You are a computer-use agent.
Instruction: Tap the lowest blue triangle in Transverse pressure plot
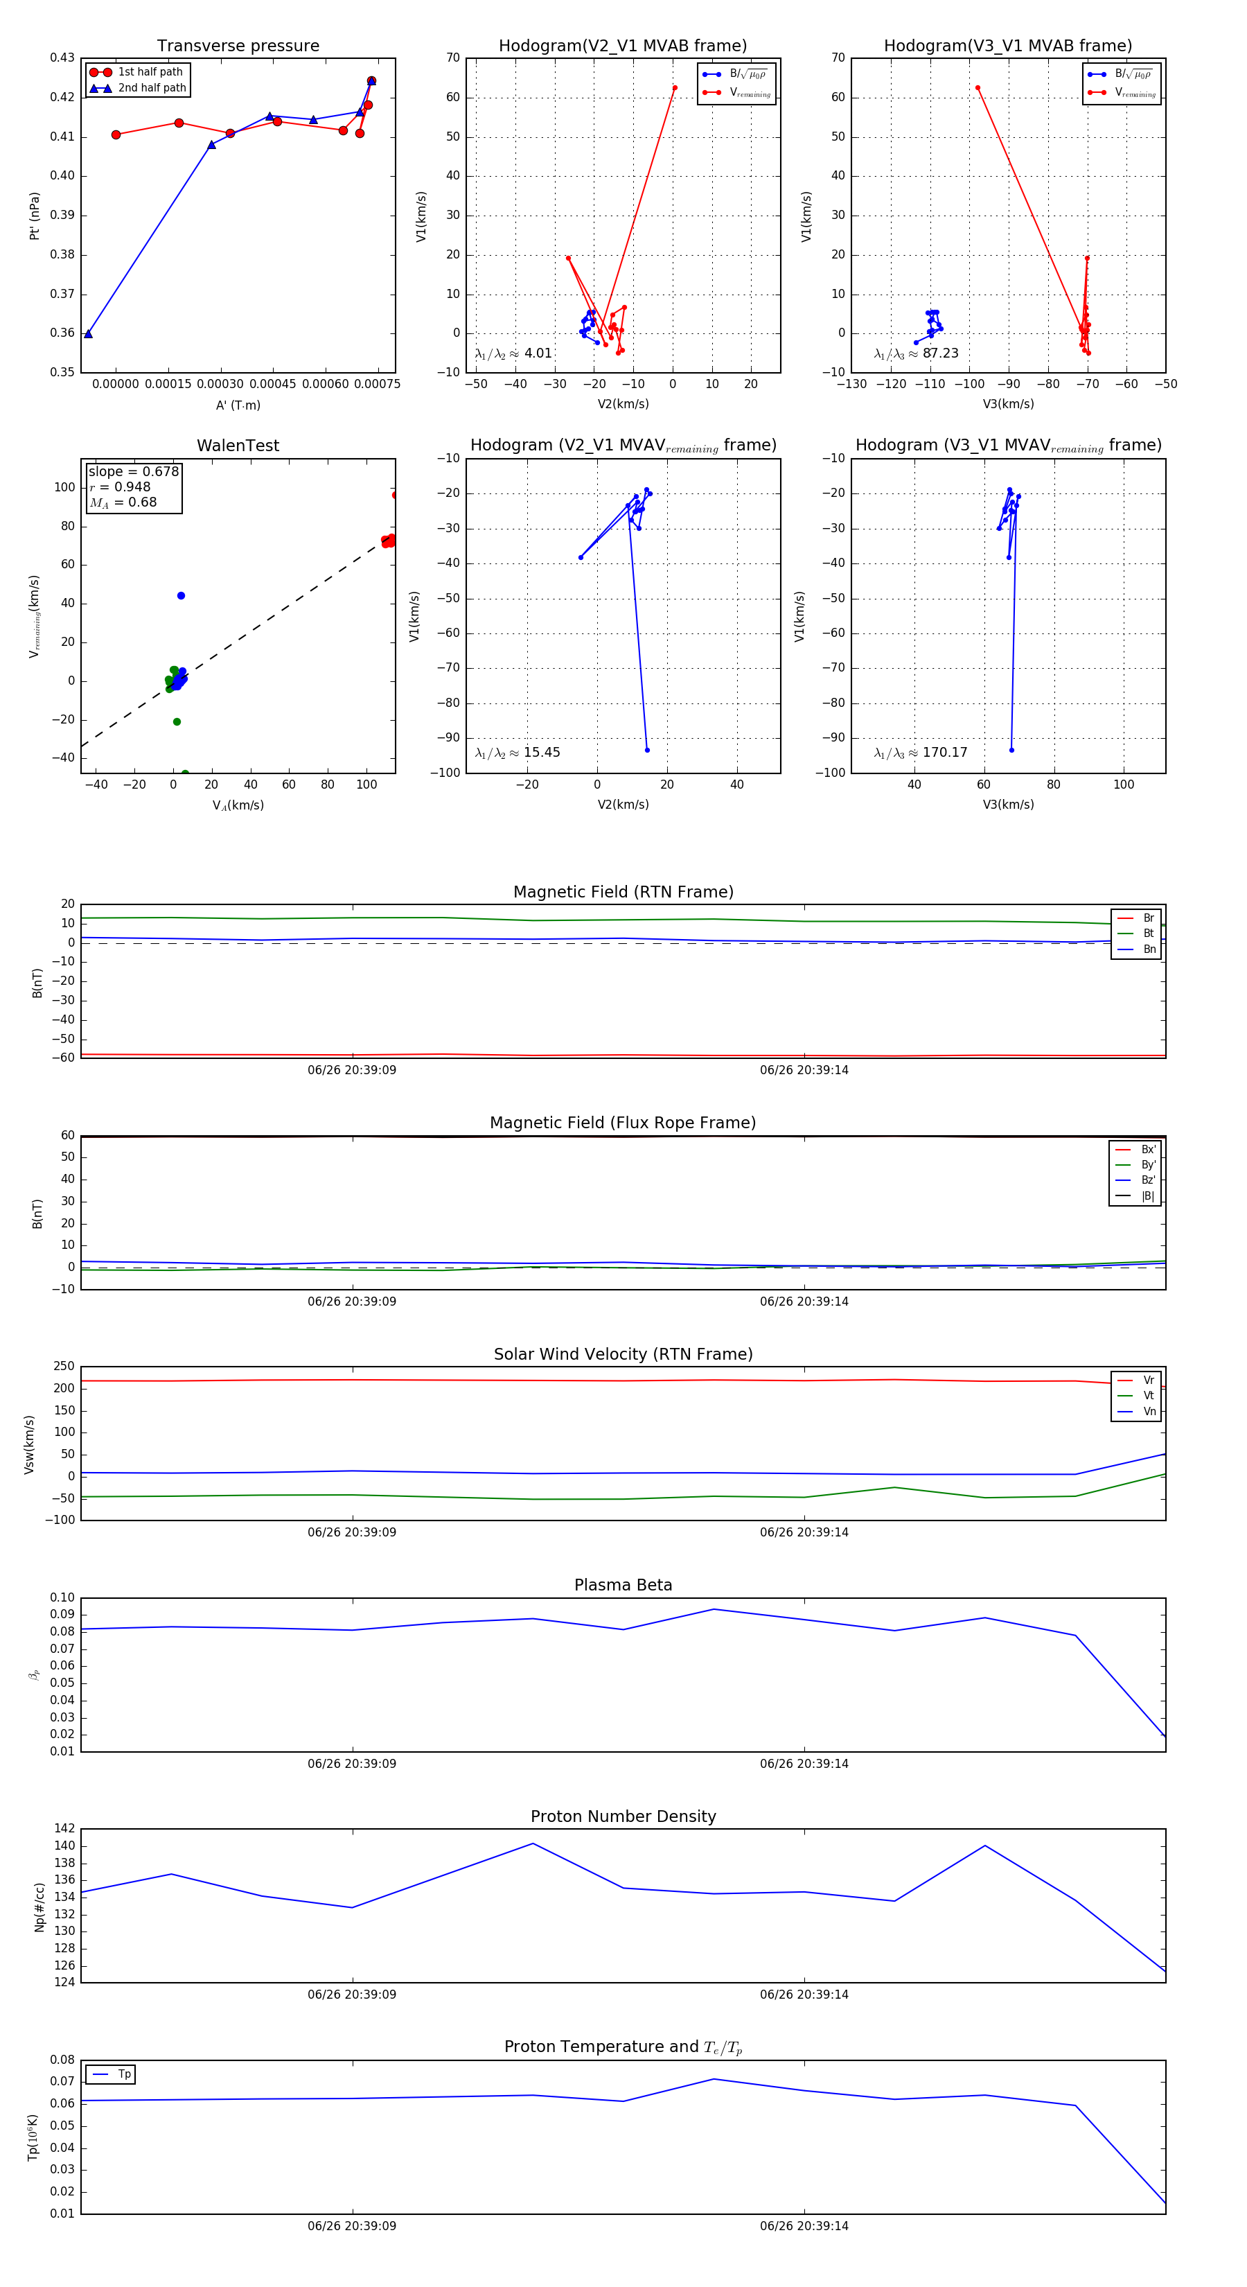(x=88, y=334)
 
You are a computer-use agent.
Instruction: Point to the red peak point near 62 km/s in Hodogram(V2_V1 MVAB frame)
(x=675, y=88)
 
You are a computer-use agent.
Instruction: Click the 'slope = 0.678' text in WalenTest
(x=133, y=471)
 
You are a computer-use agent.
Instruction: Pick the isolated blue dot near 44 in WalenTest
(x=181, y=596)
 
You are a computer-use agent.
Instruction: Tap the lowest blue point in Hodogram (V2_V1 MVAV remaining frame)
(x=647, y=750)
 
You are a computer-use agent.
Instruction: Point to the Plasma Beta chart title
(x=623, y=1585)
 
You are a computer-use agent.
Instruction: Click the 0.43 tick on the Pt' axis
(x=62, y=58)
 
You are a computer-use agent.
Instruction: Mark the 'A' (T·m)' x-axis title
(x=238, y=405)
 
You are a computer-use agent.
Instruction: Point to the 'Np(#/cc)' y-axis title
(x=39, y=1906)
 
